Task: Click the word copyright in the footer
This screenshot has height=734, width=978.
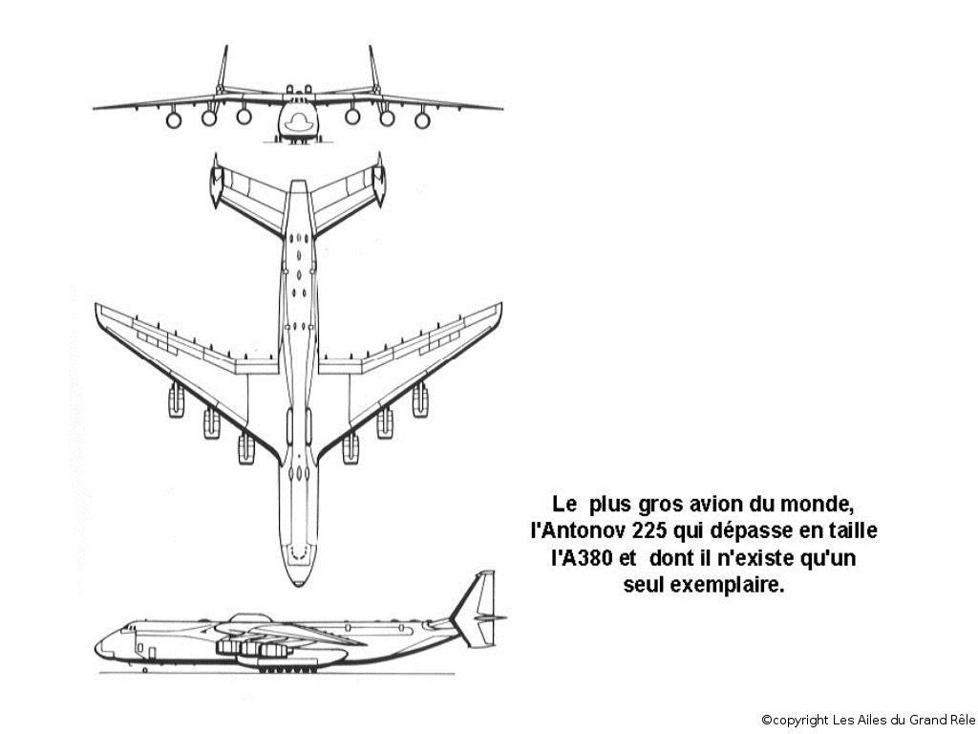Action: [x=800, y=720]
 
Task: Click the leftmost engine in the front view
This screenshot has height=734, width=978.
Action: [x=174, y=119]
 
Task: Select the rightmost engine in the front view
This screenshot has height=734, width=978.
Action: [x=422, y=119]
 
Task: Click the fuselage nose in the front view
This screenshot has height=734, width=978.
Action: [x=298, y=119]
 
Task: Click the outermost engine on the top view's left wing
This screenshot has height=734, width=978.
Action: [x=176, y=400]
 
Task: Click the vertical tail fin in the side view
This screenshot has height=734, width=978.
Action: [x=478, y=605]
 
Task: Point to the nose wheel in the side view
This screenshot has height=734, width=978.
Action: [x=145, y=670]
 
